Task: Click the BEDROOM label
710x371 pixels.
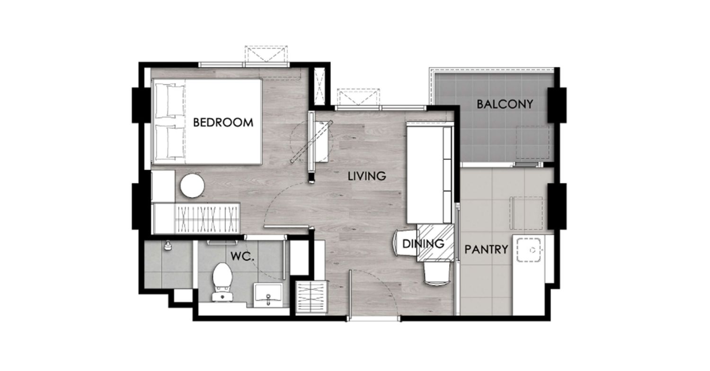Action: pyautogui.click(x=223, y=122)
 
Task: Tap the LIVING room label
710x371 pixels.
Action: pyautogui.click(x=367, y=176)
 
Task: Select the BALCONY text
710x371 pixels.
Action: pyautogui.click(x=505, y=104)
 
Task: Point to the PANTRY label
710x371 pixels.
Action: pyautogui.click(x=486, y=250)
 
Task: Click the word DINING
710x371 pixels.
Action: pyautogui.click(x=423, y=244)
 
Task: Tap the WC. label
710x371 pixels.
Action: pyautogui.click(x=242, y=256)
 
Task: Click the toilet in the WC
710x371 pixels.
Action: pyautogui.click(x=222, y=282)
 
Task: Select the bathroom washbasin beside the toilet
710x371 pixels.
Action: pyautogui.click(x=268, y=295)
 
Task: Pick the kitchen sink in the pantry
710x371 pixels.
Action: pyautogui.click(x=529, y=250)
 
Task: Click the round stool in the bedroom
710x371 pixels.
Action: pyautogui.click(x=192, y=186)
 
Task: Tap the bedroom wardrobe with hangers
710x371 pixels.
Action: pyautogui.click(x=206, y=219)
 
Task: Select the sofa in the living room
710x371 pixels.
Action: pyautogui.click(x=429, y=172)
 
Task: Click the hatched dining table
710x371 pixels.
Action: pyautogui.click(x=435, y=243)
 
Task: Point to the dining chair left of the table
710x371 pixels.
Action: pyautogui.click(x=405, y=243)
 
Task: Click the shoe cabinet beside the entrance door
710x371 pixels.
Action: pyautogui.click(x=311, y=298)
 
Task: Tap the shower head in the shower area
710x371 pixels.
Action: pyautogui.click(x=168, y=246)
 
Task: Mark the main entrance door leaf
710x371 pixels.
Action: pyautogui.click(x=350, y=295)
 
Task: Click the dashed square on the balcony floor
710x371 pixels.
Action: pyautogui.click(x=533, y=142)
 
